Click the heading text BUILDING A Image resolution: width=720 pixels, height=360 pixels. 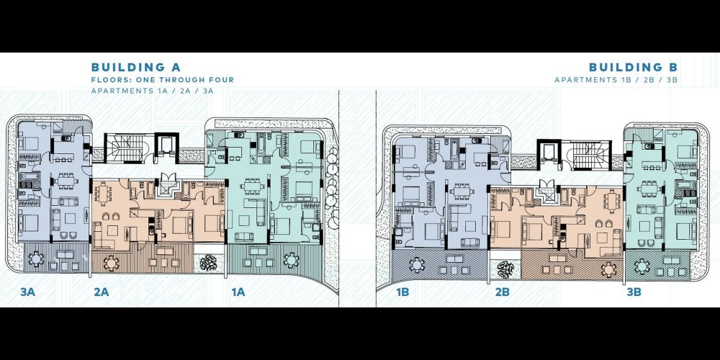point(129,67)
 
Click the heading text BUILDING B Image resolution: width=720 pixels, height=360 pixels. point(633,67)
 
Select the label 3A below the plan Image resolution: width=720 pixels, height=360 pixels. point(27,292)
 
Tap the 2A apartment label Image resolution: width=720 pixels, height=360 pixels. point(101,292)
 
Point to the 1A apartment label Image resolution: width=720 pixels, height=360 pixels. point(238,292)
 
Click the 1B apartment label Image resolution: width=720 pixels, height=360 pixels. point(402,292)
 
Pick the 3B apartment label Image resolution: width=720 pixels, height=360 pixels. point(634,292)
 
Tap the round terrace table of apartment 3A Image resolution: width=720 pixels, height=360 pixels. point(35,259)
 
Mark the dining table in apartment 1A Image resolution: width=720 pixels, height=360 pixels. point(251,186)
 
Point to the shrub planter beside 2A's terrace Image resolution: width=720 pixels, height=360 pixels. point(209,262)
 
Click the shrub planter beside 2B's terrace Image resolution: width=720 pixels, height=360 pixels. point(505,269)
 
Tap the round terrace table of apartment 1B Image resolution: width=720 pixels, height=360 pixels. point(416,265)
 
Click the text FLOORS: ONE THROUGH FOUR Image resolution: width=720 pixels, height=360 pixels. point(163,80)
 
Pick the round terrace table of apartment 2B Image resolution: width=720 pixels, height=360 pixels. point(608,268)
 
